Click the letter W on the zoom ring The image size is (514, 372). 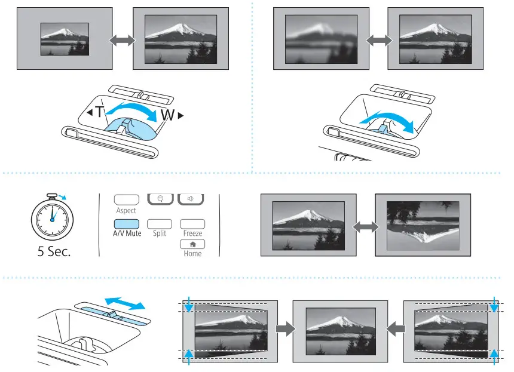pyautogui.click(x=167, y=115)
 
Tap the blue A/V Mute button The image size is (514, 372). pyautogui.click(x=127, y=223)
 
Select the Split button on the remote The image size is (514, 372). pyautogui.click(x=160, y=223)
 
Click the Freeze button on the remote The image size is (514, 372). pyautogui.click(x=192, y=223)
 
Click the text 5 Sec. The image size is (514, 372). pyautogui.click(x=54, y=251)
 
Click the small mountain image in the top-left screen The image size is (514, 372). pyautogui.click(x=64, y=39)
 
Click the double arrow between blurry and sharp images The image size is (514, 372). pyautogui.click(x=378, y=40)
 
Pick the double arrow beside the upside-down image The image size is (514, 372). pyautogui.click(x=365, y=227)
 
